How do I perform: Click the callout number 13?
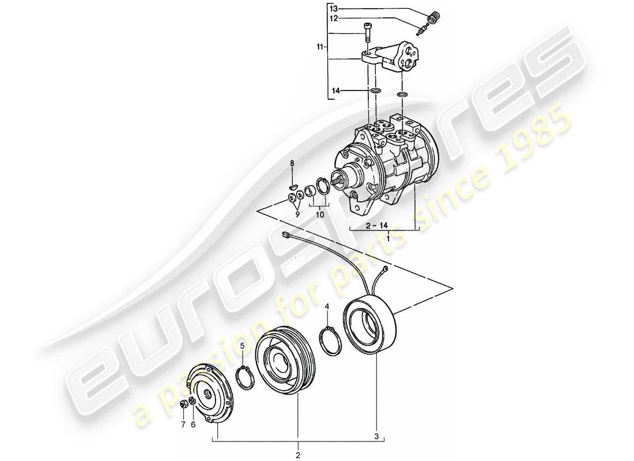334,9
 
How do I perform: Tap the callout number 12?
334,18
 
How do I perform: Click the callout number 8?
292,164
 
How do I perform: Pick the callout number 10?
319,214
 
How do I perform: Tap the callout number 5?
243,346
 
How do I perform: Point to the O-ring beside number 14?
375,91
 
